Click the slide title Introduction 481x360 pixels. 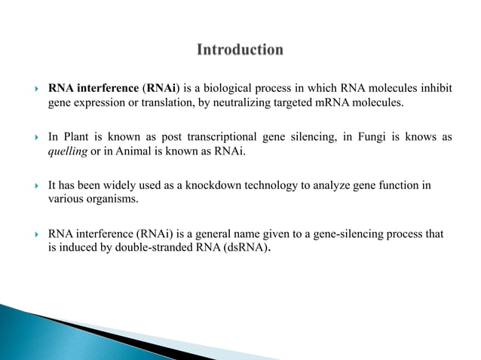click(x=240, y=50)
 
